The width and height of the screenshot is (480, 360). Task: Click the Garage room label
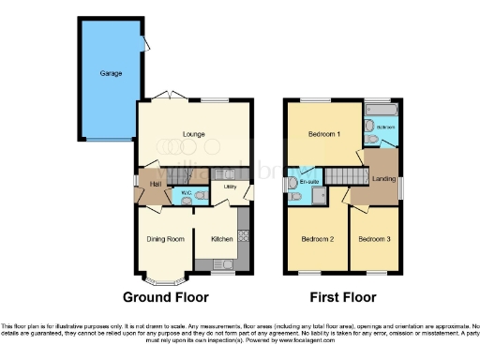click(112, 72)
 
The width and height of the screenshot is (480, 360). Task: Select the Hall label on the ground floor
click(155, 183)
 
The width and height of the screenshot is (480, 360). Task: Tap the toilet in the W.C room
click(177, 198)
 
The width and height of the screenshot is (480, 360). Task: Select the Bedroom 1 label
click(324, 134)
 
